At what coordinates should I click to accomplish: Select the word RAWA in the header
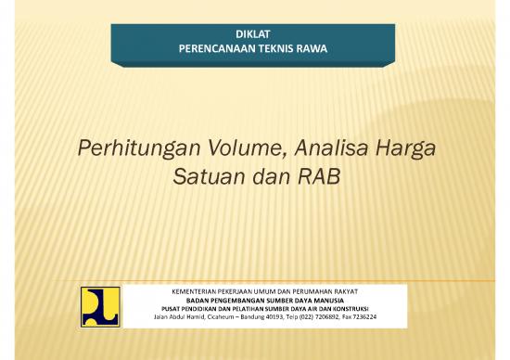click(x=311, y=47)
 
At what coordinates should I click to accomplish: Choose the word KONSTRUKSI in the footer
click(x=357, y=309)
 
